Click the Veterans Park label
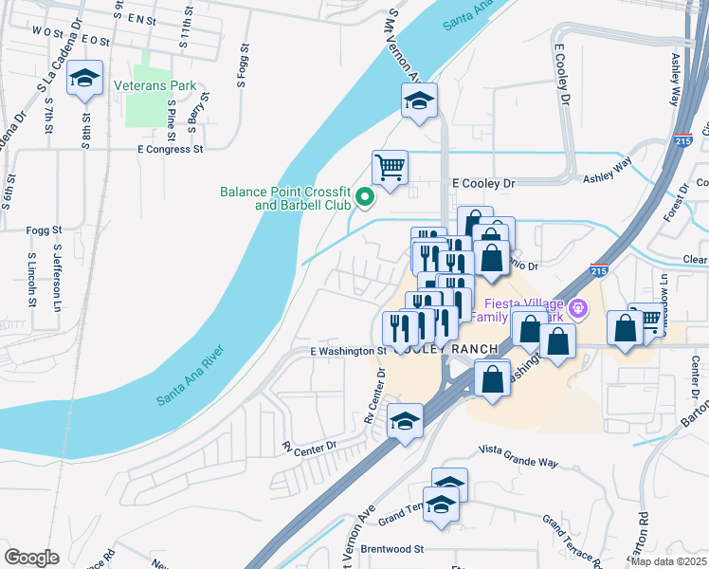(161, 86)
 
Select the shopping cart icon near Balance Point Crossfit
(390, 169)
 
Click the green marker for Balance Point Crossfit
(361, 198)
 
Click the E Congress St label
(171, 149)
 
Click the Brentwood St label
(391, 549)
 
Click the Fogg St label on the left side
(44, 230)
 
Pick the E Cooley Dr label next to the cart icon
(482, 183)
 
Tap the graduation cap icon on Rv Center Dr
(405, 420)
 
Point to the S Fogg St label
(243, 66)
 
